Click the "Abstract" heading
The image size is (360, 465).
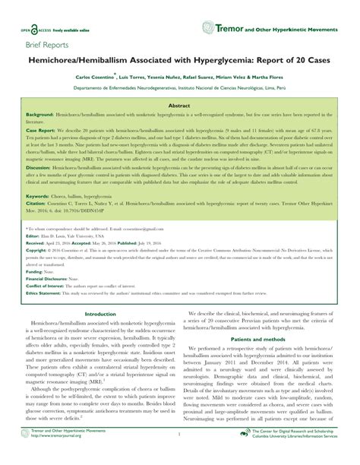pyautogui.click(x=179, y=107)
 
